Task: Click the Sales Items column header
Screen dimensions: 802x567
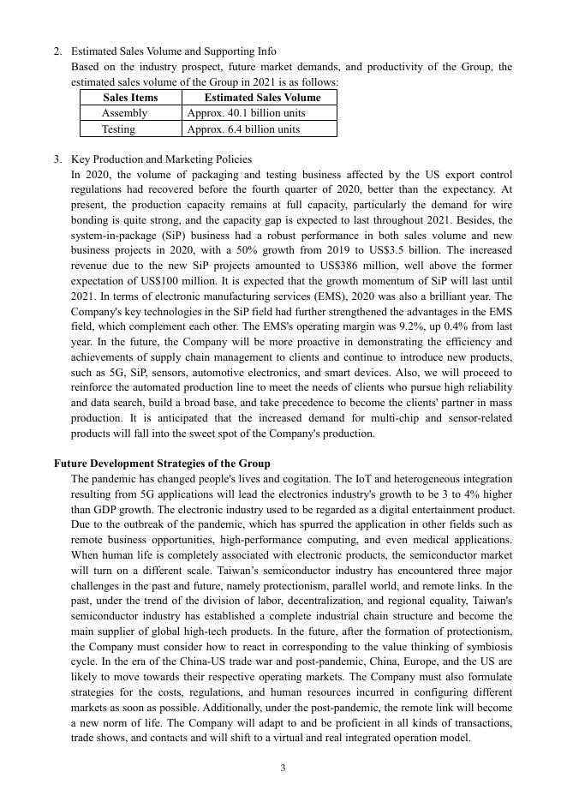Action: click(130, 98)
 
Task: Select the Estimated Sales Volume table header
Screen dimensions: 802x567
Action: click(262, 98)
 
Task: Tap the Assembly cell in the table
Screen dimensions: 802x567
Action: click(125, 113)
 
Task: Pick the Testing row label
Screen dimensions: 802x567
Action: click(119, 129)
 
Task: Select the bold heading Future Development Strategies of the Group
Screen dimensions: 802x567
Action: click(162, 463)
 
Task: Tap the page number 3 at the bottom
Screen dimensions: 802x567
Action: click(283, 768)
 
